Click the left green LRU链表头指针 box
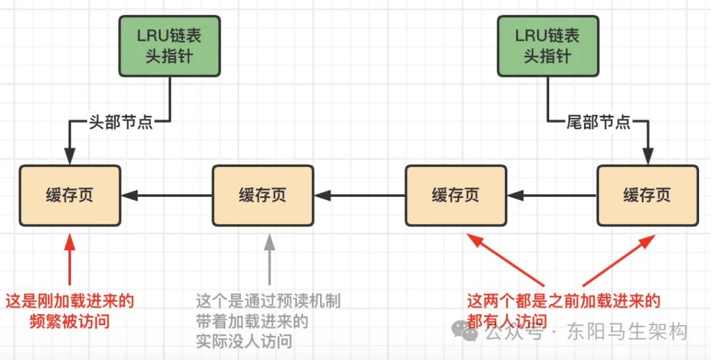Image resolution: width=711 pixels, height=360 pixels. (169, 46)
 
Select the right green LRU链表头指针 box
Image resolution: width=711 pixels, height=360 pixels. (547, 46)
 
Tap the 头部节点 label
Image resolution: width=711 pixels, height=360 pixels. (120, 122)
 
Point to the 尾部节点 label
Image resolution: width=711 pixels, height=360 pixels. (598, 122)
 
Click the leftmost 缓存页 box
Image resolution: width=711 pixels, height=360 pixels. (70, 195)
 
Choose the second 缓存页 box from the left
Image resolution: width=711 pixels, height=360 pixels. (263, 195)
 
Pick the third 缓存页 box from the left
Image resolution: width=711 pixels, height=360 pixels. (456, 195)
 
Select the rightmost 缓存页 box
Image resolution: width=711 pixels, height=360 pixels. (647, 195)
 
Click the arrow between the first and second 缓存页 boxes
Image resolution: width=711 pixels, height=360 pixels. (167, 195)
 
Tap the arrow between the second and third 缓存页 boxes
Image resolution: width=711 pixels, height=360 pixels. (359, 195)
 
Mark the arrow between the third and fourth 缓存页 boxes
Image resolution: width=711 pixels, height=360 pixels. (552, 195)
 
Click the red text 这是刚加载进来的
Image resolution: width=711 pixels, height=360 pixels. (70, 301)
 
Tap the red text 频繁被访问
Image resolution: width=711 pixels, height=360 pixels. (70, 322)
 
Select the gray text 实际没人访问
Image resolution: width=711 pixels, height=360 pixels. (244, 342)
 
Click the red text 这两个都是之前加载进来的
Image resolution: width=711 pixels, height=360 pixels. (564, 301)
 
